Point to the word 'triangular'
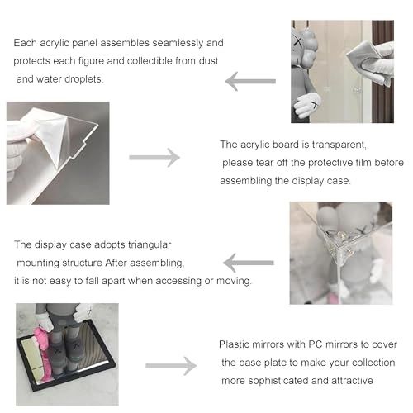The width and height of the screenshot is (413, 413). click(150, 245)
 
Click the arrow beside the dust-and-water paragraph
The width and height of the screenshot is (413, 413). click(250, 81)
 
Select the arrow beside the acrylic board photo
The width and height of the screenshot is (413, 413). click(154, 158)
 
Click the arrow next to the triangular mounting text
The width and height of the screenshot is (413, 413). click(249, 263)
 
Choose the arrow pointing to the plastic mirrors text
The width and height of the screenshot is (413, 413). click(171, 366)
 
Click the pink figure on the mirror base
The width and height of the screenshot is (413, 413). click(43, 355)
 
